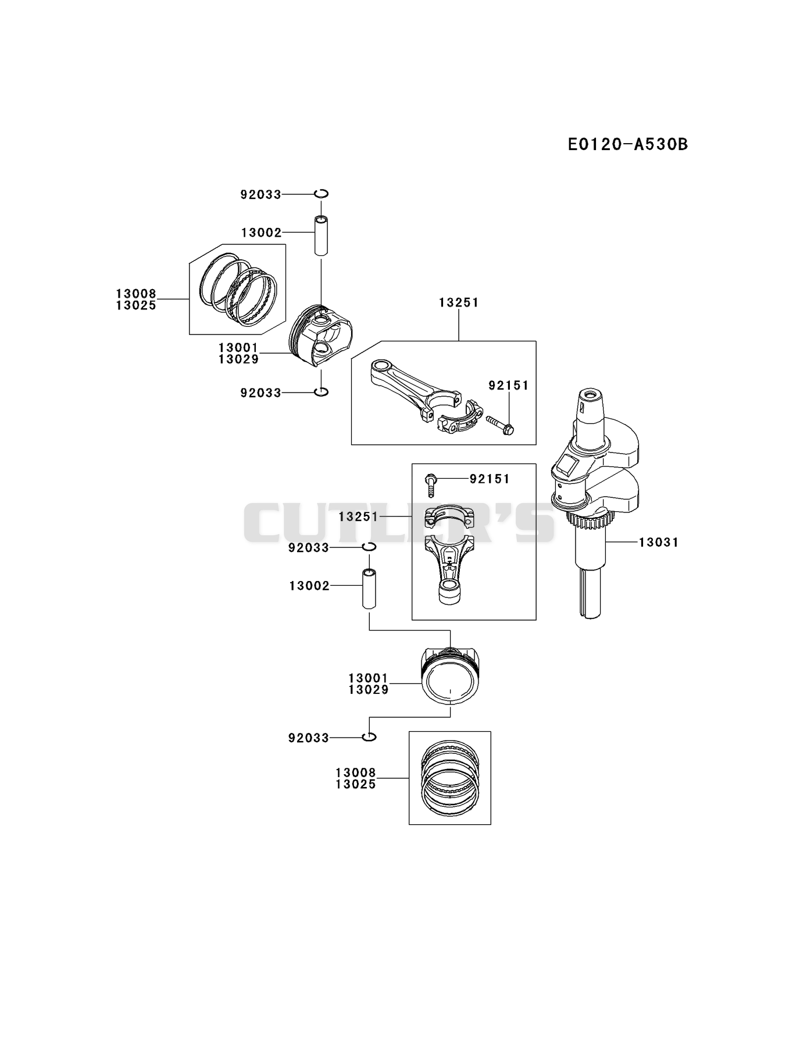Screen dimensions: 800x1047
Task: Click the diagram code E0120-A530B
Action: pos(628,144)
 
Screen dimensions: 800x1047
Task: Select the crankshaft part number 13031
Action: pos(659,542)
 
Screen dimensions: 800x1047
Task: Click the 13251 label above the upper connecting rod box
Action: pos(459,302)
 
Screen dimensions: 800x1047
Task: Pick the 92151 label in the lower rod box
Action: pos(490,479)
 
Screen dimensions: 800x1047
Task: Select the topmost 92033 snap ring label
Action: pos(260,195)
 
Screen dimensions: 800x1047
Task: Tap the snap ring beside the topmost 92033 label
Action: pos(322,194)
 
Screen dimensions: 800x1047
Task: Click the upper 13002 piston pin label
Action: pos(261,233)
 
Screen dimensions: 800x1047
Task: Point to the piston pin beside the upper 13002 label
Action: pos(322,235)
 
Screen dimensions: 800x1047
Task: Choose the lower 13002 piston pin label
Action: pos(309,586)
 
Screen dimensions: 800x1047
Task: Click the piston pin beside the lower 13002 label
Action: pos(369,589)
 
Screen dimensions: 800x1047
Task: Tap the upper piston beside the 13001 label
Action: pos(321,336)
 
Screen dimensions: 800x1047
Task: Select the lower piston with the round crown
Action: pos(451,675)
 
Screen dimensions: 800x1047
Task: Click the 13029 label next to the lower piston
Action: pos(368,689)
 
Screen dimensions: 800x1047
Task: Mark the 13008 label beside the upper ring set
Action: pos(136,294)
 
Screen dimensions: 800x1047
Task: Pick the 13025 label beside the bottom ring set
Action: pos(355,784)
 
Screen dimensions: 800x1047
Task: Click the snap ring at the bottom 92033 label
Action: pos(369,737)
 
